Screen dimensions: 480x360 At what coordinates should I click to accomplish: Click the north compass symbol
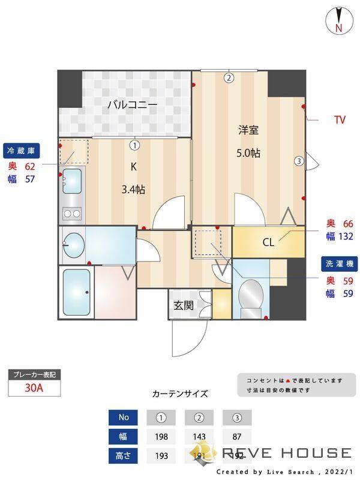coord(338,21)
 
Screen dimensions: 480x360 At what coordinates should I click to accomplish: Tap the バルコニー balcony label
coord(132,105)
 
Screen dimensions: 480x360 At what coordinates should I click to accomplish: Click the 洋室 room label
coord(248,129)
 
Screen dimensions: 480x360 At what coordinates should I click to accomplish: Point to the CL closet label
coord(268,242)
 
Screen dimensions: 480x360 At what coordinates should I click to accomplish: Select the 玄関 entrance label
coord(184,305)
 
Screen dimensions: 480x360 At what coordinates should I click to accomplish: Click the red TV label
coord(340,120)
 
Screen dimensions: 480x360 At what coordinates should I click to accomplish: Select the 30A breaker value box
coord(34,388)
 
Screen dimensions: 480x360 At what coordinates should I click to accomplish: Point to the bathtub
coord(76,292)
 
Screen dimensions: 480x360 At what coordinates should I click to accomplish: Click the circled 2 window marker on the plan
coord(229,77)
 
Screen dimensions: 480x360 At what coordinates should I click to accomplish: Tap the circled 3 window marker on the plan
coord(298,160)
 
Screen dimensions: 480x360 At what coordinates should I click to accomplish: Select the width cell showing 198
coord(161,437)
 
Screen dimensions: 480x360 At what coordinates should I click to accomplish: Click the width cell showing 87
coord(236,437)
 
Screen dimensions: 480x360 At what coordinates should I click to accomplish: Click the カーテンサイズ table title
coord(180,394)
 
